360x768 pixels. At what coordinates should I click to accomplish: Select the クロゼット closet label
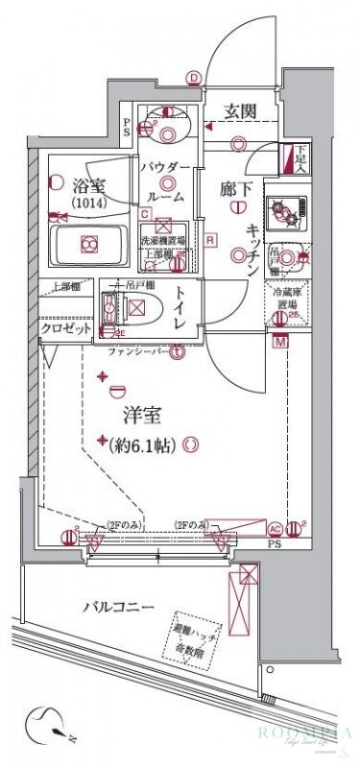pos(66,328)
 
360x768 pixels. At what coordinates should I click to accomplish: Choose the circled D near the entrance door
pos(195,80)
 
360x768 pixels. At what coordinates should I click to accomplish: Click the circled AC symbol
pos(274,528)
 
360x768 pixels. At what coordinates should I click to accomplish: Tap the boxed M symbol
pos(280,343)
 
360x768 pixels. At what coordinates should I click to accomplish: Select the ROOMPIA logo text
pos(299,733)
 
